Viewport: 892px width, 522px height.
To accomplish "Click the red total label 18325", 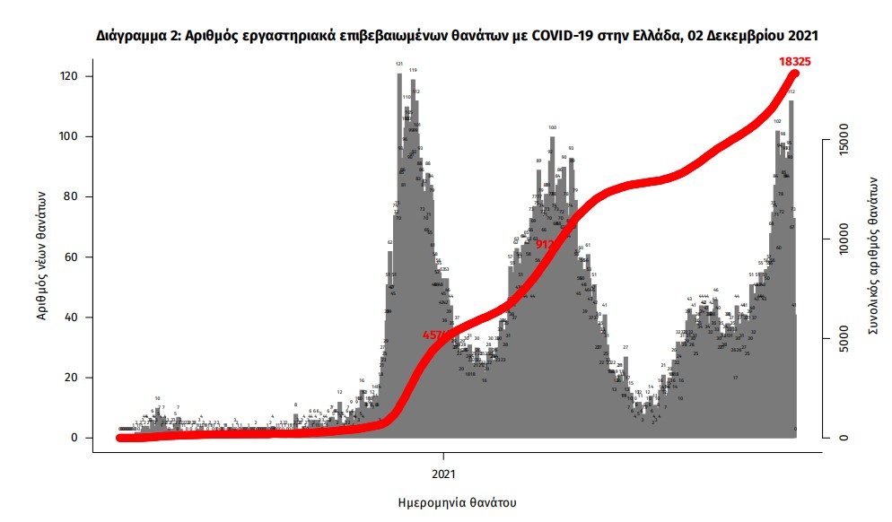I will click(799, 60).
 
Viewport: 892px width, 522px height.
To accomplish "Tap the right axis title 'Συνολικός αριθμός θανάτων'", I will click(872, 256).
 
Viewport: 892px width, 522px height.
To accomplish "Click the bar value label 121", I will click(399, 65).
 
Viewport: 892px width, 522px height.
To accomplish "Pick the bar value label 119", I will click(412, 70).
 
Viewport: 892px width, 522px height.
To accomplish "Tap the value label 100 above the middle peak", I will click(552, 128).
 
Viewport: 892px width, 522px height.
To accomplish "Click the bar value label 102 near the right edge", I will click(777, 121).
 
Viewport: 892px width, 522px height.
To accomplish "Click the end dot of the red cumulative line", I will click(794, 73).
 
